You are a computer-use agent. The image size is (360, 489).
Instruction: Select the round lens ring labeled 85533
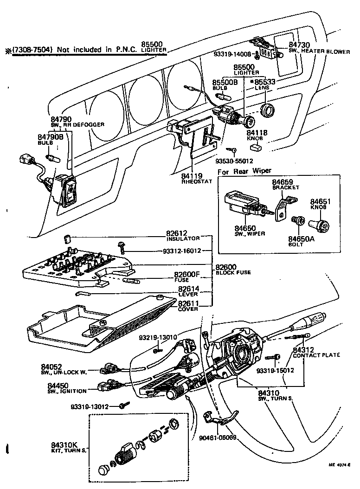click(268, 111)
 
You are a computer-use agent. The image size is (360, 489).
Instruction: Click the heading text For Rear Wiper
click(244, 171)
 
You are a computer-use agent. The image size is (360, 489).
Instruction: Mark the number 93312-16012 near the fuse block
click(182, 251)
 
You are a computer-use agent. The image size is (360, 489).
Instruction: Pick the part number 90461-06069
click(218, 438)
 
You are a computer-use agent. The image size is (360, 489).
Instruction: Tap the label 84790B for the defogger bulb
click(50, 137)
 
